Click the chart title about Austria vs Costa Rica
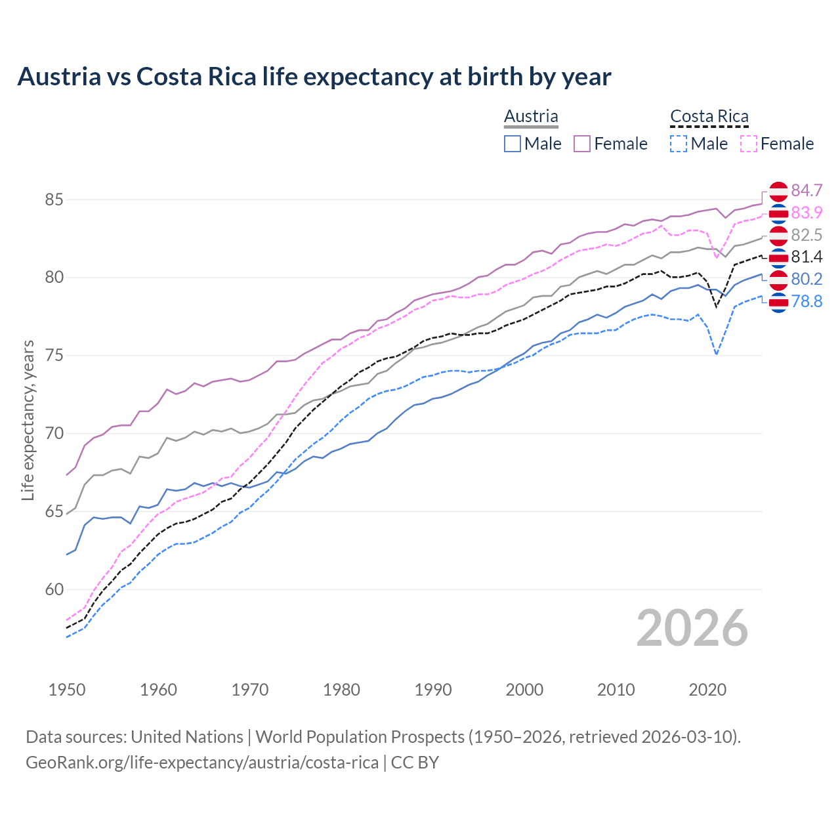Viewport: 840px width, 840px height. [314, 77]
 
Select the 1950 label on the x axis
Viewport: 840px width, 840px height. [67, 690]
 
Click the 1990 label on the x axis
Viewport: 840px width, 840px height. [433, 690]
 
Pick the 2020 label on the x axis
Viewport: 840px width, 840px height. [707, 690]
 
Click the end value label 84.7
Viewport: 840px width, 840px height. [807, 190]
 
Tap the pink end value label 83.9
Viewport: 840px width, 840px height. [807, 213]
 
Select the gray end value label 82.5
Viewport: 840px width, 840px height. [807, 235]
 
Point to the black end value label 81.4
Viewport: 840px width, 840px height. [807, 257]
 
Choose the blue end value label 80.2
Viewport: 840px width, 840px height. [807, 279]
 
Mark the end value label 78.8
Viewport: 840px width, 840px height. [807, 302]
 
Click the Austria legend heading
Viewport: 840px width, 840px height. [531, 116]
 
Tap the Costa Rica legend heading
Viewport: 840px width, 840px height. [709, 116]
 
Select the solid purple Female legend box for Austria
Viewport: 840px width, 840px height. [582, 144]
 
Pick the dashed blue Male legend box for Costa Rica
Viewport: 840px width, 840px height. [679, 144]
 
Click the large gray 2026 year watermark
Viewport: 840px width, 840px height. [692, 628]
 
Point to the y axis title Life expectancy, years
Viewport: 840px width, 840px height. [28, 420]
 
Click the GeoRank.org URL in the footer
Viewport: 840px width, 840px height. [202, 763]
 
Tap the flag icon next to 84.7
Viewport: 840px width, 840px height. [778, 191]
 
